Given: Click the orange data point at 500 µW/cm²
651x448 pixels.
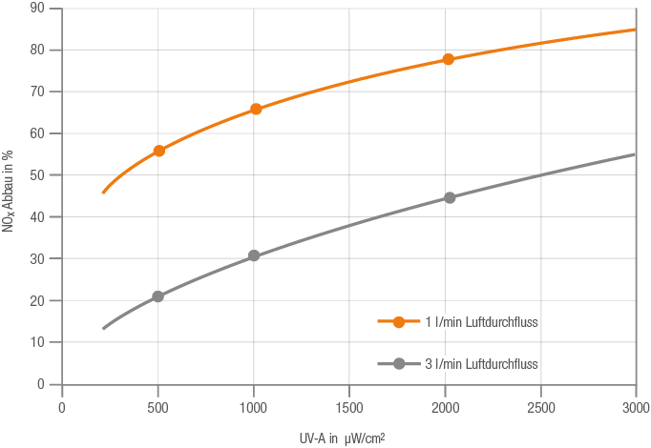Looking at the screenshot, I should click(x=158, y=151).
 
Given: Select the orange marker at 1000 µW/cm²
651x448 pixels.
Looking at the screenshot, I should click(x=256, y=109).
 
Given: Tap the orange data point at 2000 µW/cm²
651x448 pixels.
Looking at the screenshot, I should click(x=448, y=59).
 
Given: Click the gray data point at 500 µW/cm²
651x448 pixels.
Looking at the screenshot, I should click(x=158, y=296).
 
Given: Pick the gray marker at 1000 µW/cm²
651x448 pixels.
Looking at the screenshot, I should click(x=254, y=255).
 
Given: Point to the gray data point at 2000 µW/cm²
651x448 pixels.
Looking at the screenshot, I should click(x=450, y=197).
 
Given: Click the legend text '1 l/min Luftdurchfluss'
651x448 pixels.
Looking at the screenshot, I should click(x=481, y=322).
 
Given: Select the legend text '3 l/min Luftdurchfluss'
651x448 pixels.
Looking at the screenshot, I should click(x=481, y=364).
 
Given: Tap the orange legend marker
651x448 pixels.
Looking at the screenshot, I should click(x=399, y=322).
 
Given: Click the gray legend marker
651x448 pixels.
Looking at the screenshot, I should click(x=399, y=364).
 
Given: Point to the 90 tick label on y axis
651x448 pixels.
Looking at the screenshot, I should click(x=38, y=9).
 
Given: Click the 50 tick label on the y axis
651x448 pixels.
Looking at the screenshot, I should click(x=38, y=175).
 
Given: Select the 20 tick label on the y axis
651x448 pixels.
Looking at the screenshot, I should click(x=38, y=300).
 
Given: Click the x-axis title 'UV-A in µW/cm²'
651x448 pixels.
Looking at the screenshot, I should click(x=341, y=438).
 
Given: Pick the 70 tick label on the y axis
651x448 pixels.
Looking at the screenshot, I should click(x=38, y=92).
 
